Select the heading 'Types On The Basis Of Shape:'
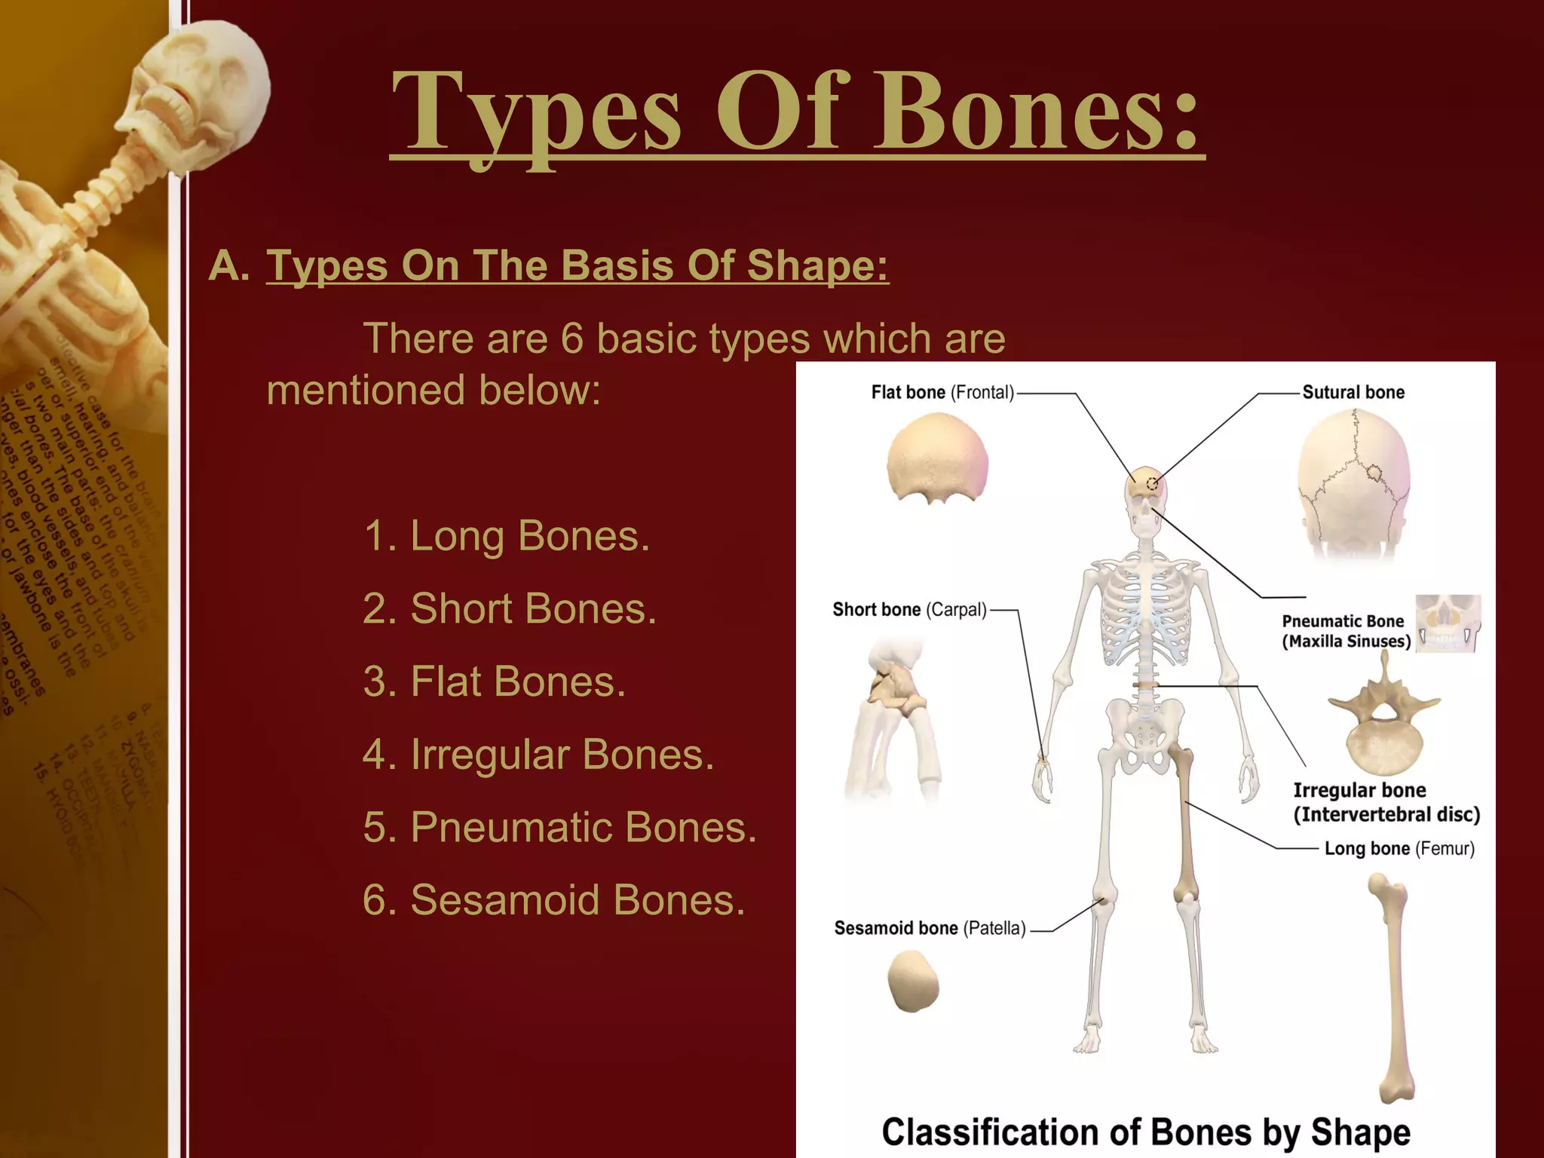[577, 265]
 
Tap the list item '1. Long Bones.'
[506, 536]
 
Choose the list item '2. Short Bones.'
[510, 608]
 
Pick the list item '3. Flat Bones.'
[495, 682]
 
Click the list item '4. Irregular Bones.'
[538, 754]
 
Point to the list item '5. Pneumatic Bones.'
[559, 827]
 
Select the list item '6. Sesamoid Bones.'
[554, 899]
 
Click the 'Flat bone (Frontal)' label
[942, 392]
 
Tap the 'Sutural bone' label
[1353, 392]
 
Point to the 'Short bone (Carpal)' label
[909, 609]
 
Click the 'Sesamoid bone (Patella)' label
[930, 928]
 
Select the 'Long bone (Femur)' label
[1399, 848]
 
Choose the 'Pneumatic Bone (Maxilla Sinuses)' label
[1346, 631]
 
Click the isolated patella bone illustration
[913, 980]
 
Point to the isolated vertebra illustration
[1384, 716]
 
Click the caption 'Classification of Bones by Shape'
[1146, 1132]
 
